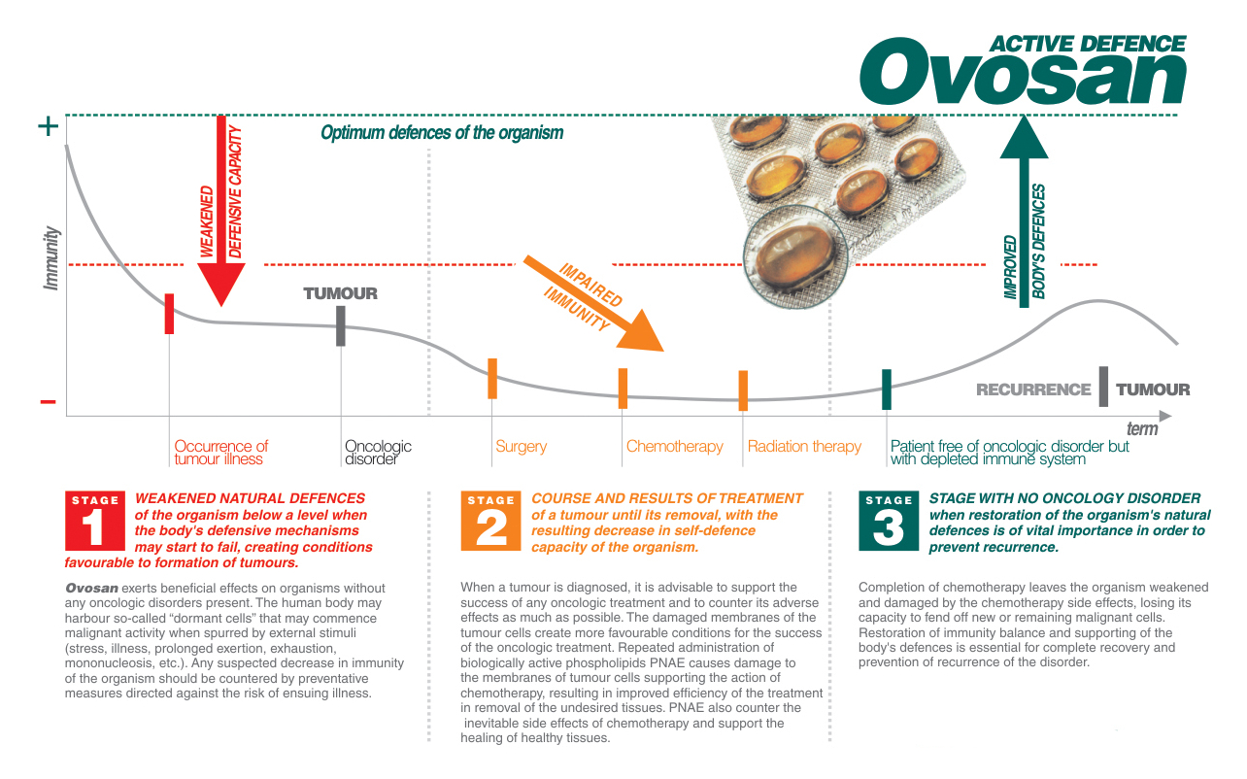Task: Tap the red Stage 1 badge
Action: [x=94, y=521]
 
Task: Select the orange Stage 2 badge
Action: [x=490, y=521]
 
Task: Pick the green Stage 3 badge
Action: [x=888, y=521]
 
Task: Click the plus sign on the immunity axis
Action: [x=47, y=127]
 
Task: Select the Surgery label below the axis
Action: [x=521, y=447]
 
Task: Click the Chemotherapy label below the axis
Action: [x=674, y=447]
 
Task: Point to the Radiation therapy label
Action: [x=804, y=447]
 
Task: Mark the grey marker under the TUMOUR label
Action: [x=341, y=326]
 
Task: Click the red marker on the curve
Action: [x=169, y=314]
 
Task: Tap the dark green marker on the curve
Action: [x=887, y=389]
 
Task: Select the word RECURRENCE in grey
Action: [x=1033, y=389]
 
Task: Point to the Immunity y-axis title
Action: [x=51, y=258]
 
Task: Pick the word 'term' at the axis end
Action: [x=1142, y=429]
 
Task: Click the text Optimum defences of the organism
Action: [x=442, y=133]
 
